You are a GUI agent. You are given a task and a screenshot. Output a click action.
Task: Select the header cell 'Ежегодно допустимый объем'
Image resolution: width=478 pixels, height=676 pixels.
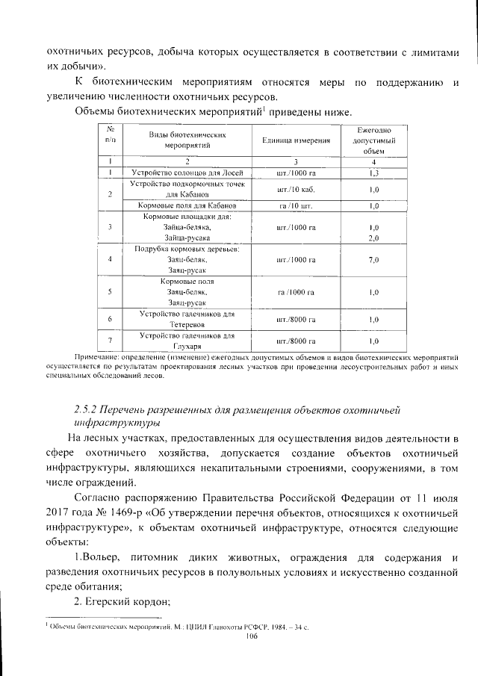(374, 140)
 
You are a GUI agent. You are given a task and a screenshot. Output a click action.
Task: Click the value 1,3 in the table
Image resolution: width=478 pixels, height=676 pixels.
(374, 173)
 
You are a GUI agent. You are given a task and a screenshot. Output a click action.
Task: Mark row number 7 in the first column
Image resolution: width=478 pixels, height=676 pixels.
(110, 341)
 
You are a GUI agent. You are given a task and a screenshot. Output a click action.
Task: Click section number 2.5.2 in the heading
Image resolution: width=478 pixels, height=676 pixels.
(89, 409)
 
